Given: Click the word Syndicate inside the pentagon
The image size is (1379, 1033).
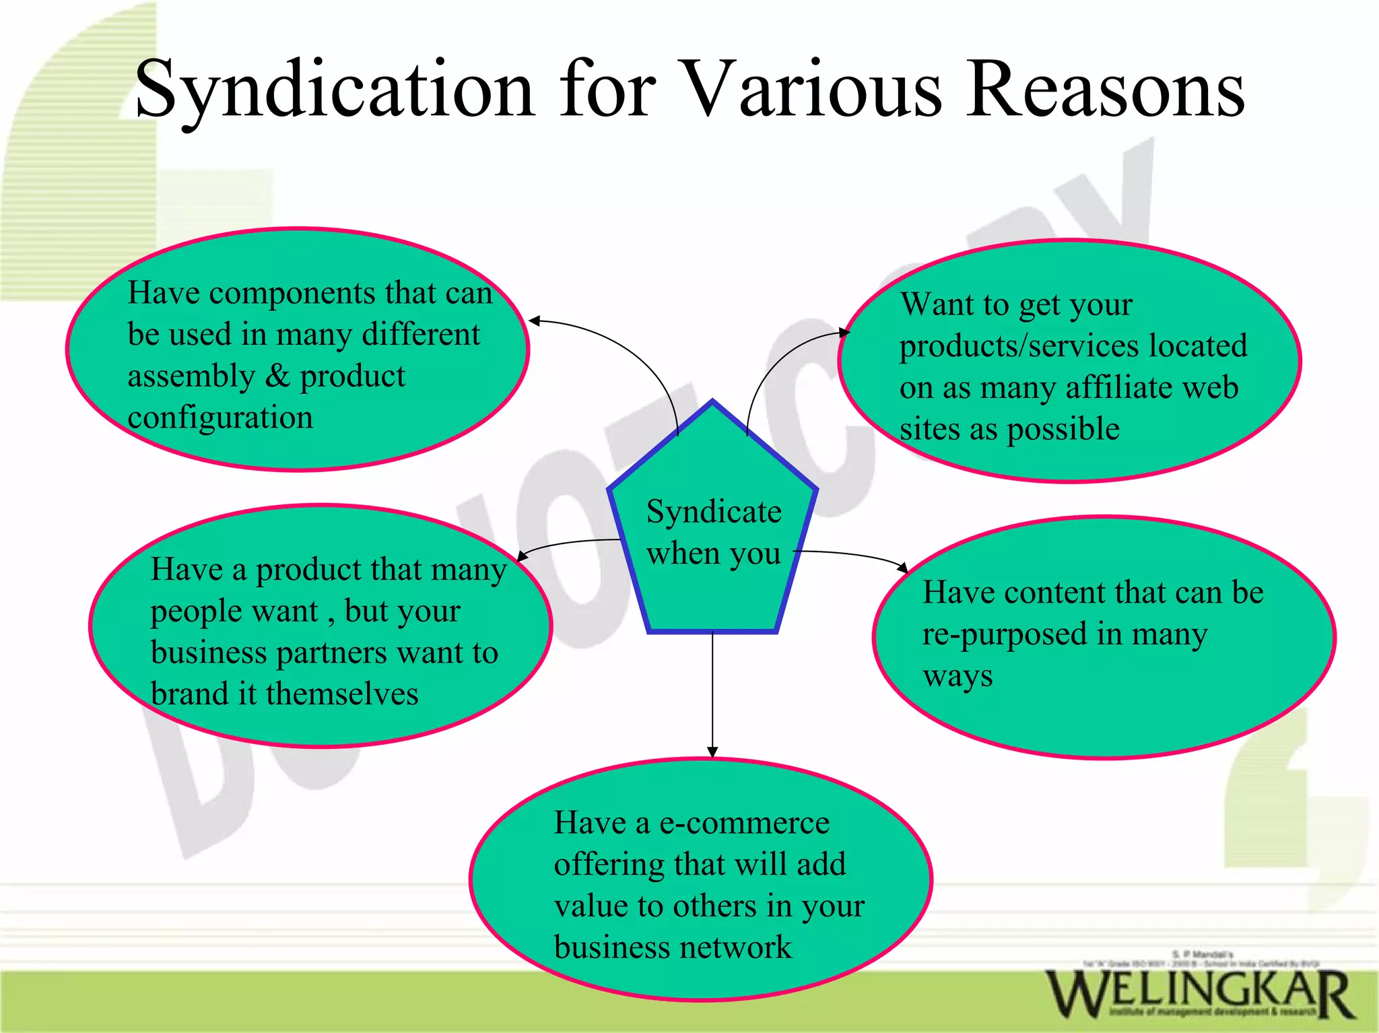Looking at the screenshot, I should [x=714, y=512].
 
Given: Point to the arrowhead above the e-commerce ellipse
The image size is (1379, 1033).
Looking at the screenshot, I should [x=712, y=752].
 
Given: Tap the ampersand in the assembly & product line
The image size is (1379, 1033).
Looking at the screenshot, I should [x=277, y=376].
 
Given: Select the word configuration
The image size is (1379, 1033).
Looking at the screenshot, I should [x=220, y=418].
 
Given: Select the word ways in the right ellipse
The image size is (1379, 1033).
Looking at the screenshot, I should [x=957, y=677].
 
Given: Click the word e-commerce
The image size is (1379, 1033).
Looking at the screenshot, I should [x=744, y=824].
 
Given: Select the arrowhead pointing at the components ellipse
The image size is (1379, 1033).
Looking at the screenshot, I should [x=535, y=321].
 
